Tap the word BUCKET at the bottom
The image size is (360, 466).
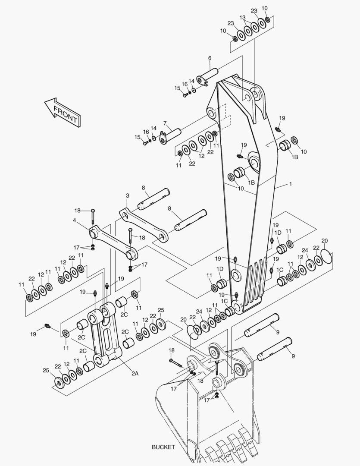[163, 447]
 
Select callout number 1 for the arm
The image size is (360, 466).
[290, 184]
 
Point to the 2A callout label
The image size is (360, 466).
[135, 374]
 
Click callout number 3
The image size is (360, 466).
[127, 195]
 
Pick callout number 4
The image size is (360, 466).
[75, 220]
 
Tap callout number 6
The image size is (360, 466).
[210, 58]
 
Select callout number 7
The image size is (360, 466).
[165, 123]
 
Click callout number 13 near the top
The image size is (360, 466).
[243, 18]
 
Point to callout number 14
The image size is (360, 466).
[191, 81]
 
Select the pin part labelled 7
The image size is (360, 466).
[171, 135]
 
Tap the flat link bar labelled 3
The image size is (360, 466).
[143, 225]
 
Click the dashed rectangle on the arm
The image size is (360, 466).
[225, 116]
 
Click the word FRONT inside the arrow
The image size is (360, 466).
[66, 113]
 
